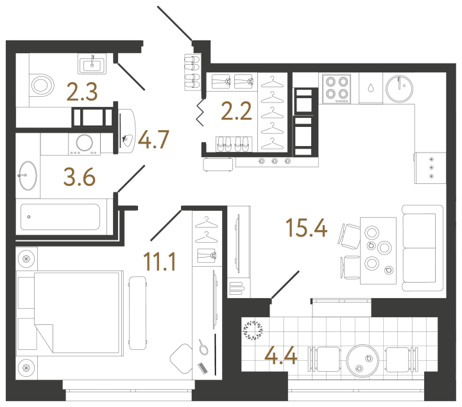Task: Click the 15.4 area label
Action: coord(307,228)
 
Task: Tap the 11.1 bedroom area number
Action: coord(159,262)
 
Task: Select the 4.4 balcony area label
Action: coord(281,356)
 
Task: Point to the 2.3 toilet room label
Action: coord(82,92)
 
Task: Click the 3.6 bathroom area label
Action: coord(80,177)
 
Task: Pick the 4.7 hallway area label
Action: coord(153,139)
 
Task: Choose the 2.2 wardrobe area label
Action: coord(236,111)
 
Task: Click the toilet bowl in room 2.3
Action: coord(42,85)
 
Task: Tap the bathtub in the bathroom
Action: coord(60,217)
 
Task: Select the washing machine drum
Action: coord(85,143)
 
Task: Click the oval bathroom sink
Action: coord(28,176)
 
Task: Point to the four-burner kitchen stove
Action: coord(336,88)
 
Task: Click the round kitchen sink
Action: coord(399,89)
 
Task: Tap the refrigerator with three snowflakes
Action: coord(430,168)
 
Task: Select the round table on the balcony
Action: coord(363,361)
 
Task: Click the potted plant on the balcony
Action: coord(253,330)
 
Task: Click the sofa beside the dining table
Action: coord(422,248)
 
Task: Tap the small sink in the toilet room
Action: coord(92,64)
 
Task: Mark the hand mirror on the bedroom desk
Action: coord(202,347)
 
